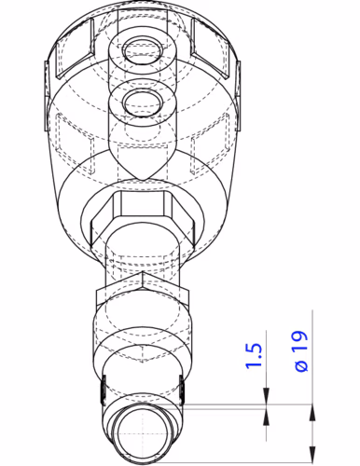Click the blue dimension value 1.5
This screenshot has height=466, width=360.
(254, 356)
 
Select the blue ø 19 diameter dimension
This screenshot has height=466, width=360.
(301, 350)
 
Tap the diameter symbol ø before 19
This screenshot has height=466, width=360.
(301, 365)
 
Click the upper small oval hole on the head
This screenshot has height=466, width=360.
(144, 50)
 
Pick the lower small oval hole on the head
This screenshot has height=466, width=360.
(143, 102)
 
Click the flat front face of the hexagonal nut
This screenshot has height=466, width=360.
(143, 204)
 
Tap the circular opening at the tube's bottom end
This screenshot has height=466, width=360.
(143, 434)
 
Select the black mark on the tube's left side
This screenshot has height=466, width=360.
(104, 391)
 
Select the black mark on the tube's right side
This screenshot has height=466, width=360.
(182, 391)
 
